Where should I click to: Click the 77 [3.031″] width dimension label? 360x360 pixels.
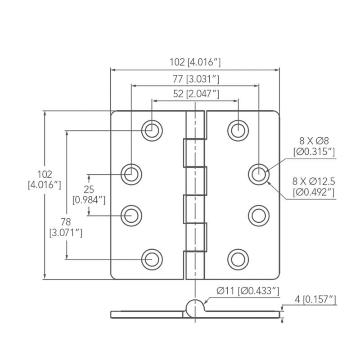click(196, 79)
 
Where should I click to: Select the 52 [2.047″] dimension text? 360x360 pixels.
click(196, 94)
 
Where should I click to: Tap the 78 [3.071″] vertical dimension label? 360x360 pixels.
click(66, 227)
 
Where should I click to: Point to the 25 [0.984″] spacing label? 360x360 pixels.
click(89, 194)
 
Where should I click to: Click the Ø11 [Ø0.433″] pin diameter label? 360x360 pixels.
click(248, 291)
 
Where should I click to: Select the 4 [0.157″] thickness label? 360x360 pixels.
click(315, 299)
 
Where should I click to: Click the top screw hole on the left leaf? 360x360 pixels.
click(152, 130)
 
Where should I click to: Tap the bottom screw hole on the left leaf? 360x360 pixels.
click(152, 260)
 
